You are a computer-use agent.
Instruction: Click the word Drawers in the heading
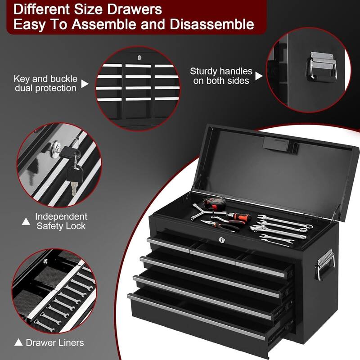[134, 9]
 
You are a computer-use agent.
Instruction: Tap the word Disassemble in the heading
[215, 24]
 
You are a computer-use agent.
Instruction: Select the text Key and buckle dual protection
[45, 83]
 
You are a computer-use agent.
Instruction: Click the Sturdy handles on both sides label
[221, 76]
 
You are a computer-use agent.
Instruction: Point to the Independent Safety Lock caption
[61, 221]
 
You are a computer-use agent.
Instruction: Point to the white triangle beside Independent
[26, 221]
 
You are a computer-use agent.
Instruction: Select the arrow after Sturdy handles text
[258, 76]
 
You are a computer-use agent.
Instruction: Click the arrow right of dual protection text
[85, 83]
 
